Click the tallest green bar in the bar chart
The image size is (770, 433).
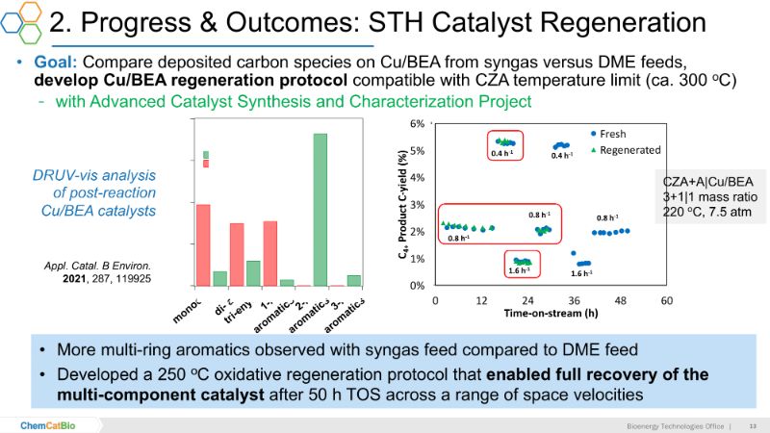pos(321,209)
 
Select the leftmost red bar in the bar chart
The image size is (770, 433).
pos(203,244)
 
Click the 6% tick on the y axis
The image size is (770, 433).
pos(417,124)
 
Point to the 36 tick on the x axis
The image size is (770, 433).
pos(576,300)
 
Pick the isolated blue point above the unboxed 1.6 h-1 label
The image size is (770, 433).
pos(574,254)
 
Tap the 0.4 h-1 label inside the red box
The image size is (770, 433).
pos(500,152)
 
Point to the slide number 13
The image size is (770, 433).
pos(753,423)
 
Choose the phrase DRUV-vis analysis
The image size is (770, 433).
pos(91,174)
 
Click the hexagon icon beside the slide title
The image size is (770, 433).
pos(21,21)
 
